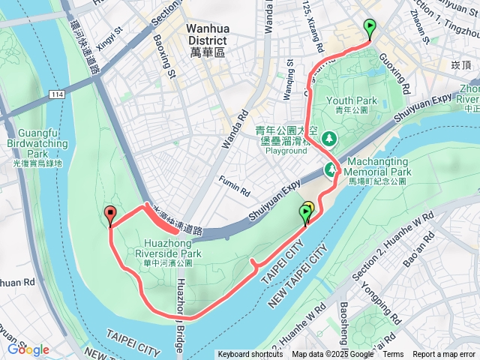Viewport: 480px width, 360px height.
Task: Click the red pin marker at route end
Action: coord(111,215)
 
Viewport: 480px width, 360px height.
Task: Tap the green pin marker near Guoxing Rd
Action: coord(370,28)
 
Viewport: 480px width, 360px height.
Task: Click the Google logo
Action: coord(28,349)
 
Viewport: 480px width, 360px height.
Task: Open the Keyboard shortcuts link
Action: coord(250,355)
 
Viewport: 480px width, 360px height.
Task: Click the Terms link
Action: coord(393,355)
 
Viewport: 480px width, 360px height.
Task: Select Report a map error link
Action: coord(445,355)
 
